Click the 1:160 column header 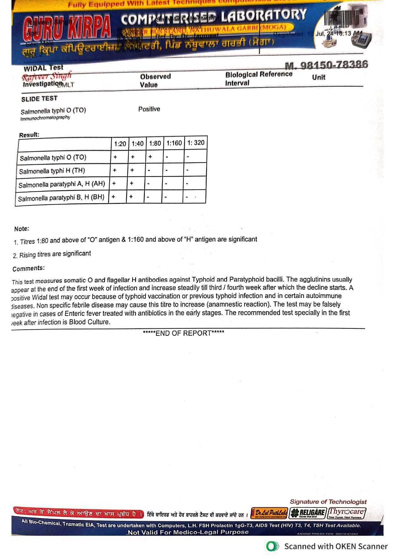174,143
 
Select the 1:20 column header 120,144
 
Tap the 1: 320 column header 196,143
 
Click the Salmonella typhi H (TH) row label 52,171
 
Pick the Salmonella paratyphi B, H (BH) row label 61,198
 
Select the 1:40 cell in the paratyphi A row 131,183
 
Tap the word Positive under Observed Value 149,109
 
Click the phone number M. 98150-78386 326,65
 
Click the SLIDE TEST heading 39,99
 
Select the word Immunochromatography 45,118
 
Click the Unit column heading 319,77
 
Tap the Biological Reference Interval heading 259,78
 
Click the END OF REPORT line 183,333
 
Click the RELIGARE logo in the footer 308,512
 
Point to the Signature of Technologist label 328,502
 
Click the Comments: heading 29,269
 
